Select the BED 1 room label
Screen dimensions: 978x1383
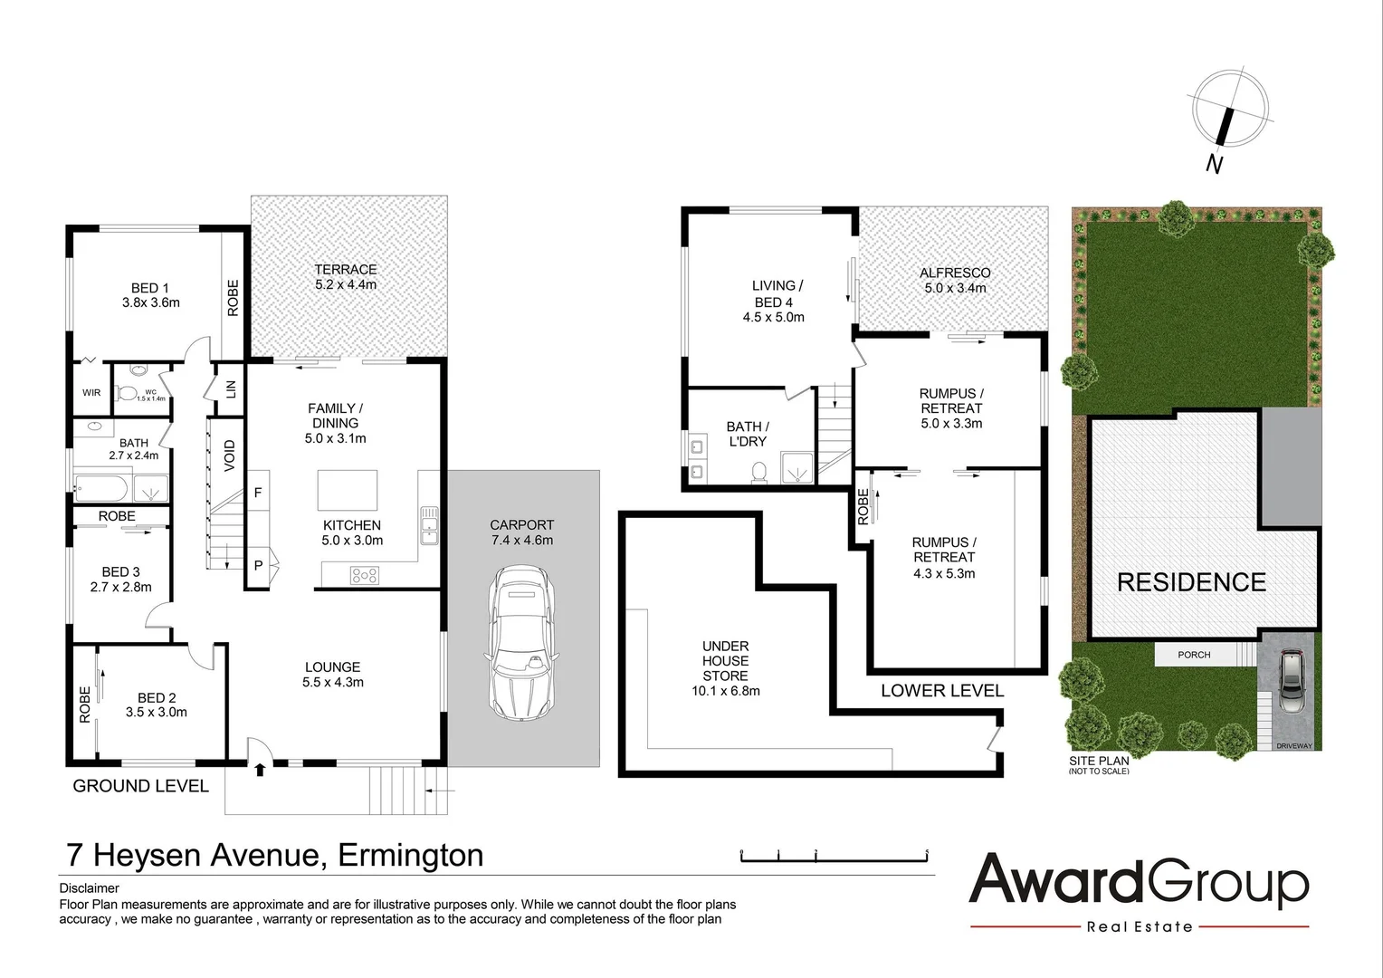150,294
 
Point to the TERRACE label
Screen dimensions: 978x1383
346,276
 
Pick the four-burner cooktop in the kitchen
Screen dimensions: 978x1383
365,573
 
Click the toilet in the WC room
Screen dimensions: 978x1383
128,392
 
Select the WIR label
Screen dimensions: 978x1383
91,393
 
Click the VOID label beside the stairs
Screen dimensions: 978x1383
230,455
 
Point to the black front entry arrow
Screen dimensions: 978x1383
261,770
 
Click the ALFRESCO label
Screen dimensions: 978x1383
955,280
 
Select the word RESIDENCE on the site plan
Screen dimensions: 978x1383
1191,581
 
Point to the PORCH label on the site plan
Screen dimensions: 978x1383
1194,655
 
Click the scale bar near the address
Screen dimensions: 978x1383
835,855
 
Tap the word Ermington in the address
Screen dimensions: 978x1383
410,854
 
